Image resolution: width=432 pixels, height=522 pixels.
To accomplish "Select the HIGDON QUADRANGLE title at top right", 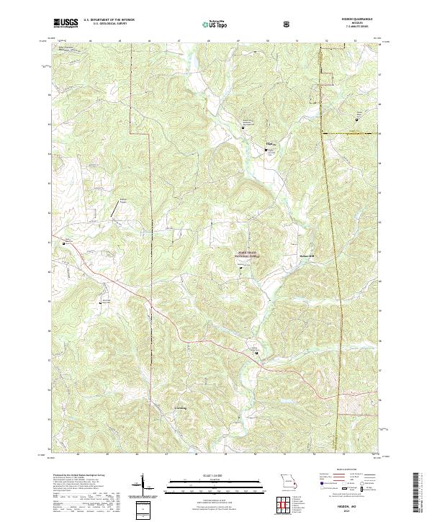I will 360,20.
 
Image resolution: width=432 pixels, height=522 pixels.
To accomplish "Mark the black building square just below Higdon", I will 264,150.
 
